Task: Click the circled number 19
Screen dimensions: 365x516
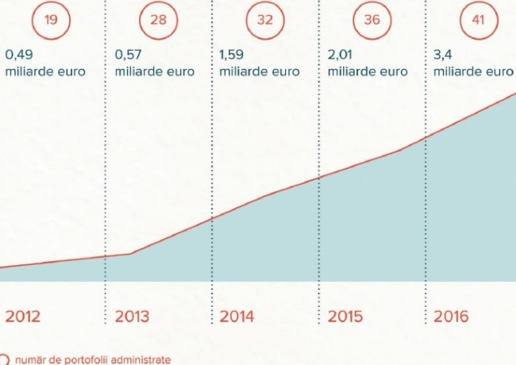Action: (x=52, y=19)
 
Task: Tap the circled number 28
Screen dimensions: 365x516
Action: (x=158, y=19)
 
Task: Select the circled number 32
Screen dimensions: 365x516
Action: (x=264, y=19)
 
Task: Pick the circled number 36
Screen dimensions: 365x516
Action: (x=372, y=19)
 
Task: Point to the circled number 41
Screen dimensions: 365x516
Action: (x=478, y=19)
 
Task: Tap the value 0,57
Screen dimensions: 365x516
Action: (x=128, y=56)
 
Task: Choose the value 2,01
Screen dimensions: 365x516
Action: (x=341, y=56)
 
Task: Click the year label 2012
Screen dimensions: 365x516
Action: (x=23, y=317)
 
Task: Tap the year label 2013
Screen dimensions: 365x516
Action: (x=132, y=317)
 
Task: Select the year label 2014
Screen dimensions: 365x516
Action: (x=237, y=317)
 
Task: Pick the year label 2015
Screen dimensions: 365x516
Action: (x=345, y=317)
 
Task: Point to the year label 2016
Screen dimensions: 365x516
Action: (x=451, y=317)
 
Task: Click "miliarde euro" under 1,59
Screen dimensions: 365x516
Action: (x=259, y=71)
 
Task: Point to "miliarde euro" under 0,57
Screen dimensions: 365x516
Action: (x=154, y=71)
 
